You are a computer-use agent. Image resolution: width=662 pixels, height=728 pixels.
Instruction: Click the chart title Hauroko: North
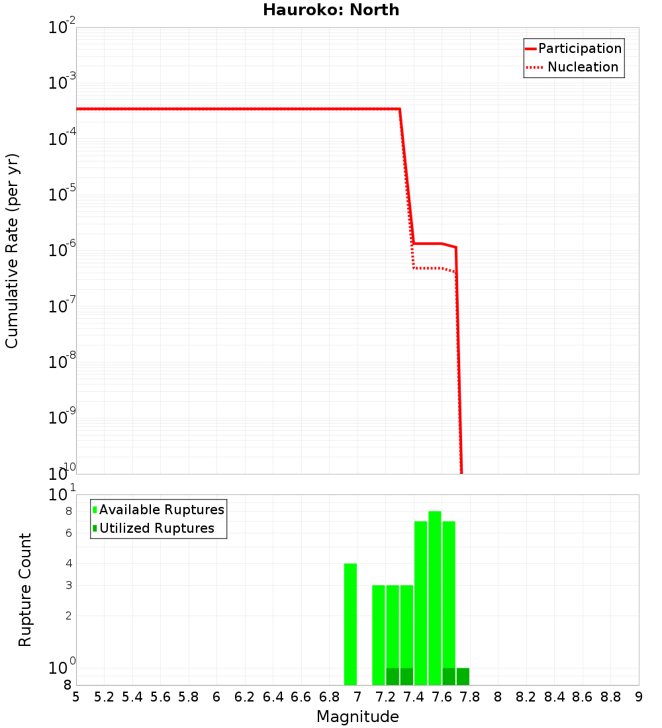click(331, 10)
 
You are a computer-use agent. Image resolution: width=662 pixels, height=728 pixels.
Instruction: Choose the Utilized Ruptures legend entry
click(156, 528)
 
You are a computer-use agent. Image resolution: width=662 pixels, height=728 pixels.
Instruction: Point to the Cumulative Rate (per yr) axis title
click(13, 250)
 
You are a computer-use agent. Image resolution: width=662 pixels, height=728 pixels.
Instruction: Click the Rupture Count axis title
click(25, 590)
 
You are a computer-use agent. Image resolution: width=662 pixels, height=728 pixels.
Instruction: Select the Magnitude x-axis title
click(357, 717)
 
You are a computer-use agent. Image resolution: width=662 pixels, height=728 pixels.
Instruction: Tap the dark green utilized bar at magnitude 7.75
click(463, 676)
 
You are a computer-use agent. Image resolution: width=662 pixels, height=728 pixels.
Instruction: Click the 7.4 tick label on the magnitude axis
click(414, 697)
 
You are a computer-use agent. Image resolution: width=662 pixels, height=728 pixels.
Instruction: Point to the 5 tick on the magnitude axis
click(76, 697)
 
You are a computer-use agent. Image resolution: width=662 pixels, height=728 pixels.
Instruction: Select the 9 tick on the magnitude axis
click(639, 697)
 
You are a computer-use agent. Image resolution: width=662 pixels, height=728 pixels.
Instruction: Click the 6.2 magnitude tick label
click(245, 697)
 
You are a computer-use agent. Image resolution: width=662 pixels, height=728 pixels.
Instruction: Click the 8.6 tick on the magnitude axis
click(583, 697)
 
